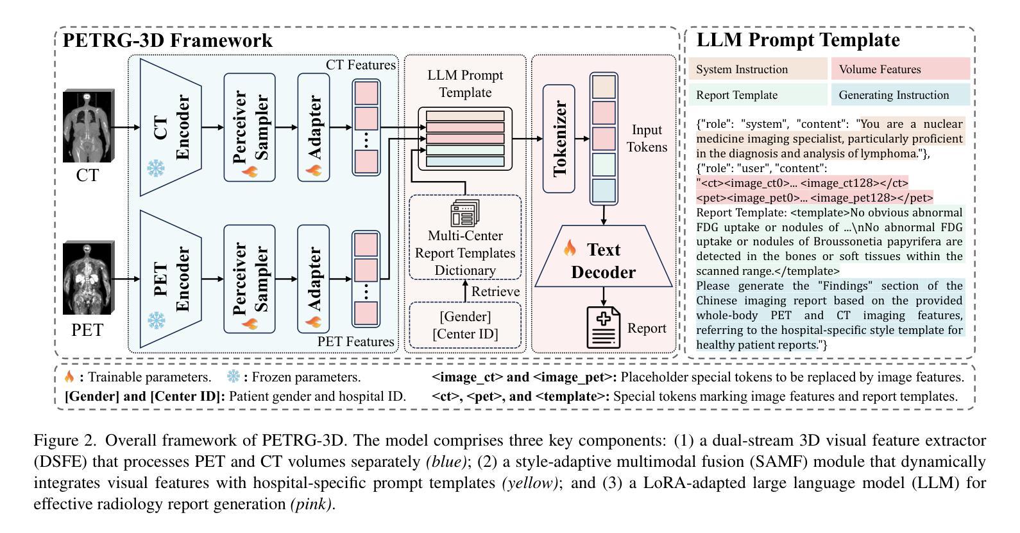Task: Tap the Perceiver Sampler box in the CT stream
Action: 250,127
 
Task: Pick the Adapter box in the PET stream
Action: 314,279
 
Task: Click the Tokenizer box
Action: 559,138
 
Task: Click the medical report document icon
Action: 604,328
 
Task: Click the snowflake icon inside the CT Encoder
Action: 155,168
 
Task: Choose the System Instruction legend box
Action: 758,69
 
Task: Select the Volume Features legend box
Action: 900,69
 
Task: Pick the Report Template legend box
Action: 758,95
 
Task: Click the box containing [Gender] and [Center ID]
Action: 465,325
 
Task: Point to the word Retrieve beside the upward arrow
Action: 495,292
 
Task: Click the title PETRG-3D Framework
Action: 167,40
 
